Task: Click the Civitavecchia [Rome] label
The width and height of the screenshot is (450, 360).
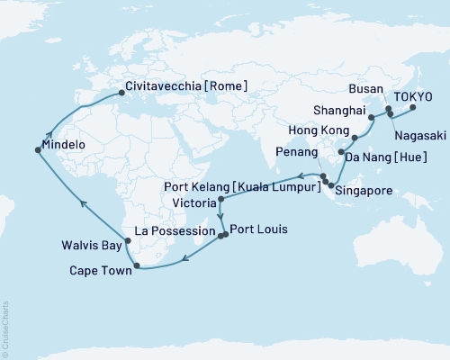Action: tap(185, 88)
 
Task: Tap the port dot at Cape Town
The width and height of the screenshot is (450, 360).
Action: tap(135, 265)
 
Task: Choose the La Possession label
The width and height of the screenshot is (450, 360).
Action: tap(173, 230)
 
